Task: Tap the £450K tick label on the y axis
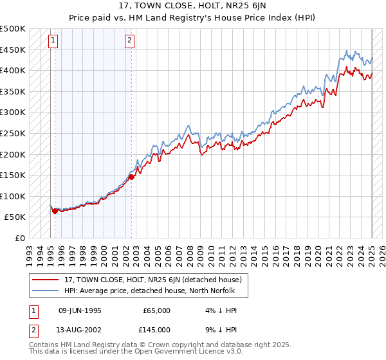(x=13, y=50)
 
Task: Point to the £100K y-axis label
(x=13, y=196)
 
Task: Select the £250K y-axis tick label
(x=13, y=133)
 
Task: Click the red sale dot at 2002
(x=131, y=177)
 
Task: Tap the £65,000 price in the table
(x=156, y=310)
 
